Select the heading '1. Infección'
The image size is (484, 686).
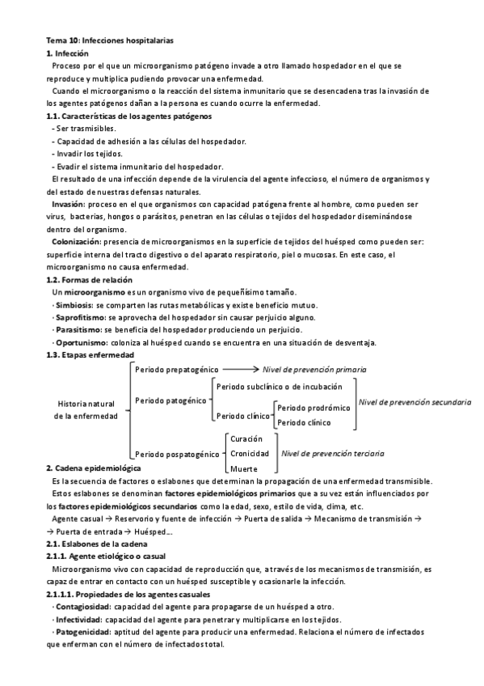click(x=68, y=52)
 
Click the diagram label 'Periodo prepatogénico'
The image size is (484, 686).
click(x=174, y=369)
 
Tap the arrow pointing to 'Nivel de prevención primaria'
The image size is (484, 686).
click(x=243, y=369)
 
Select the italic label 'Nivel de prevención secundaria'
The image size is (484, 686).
click(x=415, y=401)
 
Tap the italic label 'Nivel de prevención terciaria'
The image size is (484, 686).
click(x=343, y=454)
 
